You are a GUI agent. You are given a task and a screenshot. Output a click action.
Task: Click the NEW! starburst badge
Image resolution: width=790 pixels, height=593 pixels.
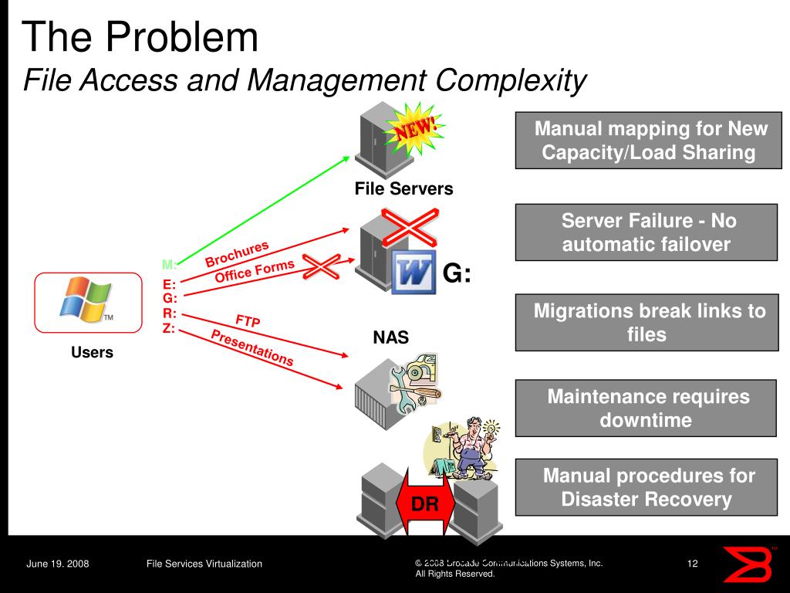click(415, 128)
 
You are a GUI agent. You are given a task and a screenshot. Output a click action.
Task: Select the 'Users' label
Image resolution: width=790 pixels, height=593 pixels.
click(92, 353)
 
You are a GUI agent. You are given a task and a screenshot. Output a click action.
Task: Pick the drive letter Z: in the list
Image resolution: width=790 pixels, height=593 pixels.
click(169, 328)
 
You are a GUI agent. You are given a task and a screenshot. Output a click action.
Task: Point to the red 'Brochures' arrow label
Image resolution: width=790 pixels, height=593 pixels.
click(237, 253)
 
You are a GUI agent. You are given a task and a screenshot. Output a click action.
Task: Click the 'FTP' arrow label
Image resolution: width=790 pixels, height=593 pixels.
click(248, 320)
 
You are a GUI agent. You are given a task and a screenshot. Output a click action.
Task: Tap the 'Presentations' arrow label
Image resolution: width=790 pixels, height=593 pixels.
click(252, 347)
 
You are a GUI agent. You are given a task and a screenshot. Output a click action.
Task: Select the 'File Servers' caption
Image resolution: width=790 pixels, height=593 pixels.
click(403, 189)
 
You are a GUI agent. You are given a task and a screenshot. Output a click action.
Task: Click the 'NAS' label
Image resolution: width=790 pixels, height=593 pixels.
click(391, 337)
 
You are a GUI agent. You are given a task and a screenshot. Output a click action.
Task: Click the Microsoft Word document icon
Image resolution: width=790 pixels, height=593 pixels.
click(413, 273)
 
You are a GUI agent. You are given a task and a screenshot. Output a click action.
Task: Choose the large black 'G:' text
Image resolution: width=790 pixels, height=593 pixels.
click(457, 274)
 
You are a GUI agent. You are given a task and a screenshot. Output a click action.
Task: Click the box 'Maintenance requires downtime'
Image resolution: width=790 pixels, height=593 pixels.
click(646, 408)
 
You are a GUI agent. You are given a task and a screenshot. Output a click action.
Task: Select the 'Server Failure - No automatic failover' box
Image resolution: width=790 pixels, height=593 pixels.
click(646, 232)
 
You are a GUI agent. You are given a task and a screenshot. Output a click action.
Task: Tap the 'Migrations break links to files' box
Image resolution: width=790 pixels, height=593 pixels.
click(646, 323)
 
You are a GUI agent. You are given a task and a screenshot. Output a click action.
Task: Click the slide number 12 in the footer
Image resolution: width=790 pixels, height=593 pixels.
click(692, 564)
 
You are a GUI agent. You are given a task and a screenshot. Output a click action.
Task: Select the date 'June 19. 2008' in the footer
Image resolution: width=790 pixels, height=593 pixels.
click(58, 564)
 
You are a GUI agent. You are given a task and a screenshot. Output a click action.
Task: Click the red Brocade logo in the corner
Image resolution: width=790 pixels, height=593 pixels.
click(747, 564)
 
